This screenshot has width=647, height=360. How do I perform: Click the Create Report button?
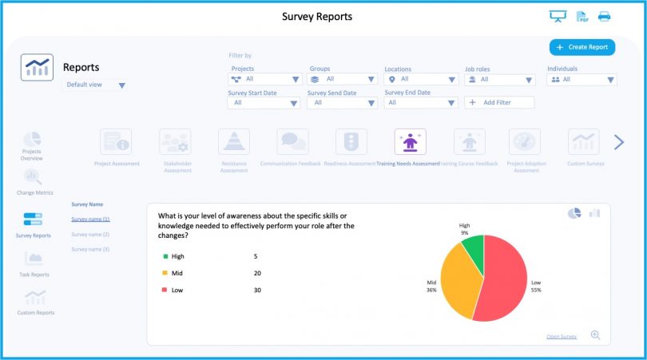582,47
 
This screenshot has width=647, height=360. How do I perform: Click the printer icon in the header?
604,17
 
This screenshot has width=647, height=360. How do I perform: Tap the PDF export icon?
582,17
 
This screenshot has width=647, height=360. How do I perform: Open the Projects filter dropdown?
264,79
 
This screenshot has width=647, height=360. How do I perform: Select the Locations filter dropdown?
421,79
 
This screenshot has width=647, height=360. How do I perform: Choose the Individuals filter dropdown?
582,79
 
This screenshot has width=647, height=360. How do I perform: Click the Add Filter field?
499,102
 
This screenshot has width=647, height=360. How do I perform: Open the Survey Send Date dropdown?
341,102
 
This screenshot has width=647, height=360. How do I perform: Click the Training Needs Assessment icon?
410,142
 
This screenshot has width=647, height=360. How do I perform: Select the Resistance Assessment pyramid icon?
233,142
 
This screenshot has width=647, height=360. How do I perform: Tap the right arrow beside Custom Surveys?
618,142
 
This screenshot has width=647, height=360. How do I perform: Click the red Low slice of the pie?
500,279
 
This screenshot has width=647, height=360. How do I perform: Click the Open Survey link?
562,336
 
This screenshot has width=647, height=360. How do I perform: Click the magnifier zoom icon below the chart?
595,335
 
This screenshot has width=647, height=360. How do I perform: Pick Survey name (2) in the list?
90,234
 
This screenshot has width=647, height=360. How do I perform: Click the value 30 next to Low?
257,290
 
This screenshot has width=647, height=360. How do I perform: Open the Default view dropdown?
95,85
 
